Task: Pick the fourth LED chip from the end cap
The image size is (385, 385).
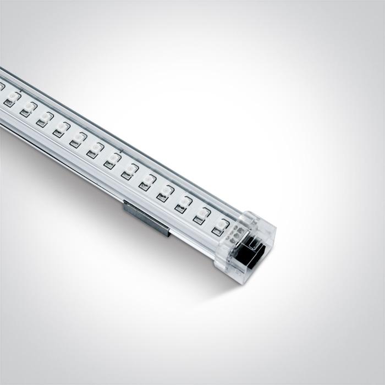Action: (x=164, y=192)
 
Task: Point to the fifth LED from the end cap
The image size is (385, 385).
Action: (x=147, y=181)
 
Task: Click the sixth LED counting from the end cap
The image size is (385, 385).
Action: (x=129, y=170)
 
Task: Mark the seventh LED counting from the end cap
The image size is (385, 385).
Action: (x=112, y=159)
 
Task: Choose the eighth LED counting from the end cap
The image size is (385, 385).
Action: (x=95, y=148)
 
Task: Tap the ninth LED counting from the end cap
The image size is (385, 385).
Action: (x=78, y=138)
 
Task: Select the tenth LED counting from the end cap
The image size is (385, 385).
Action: (x=61, y=128)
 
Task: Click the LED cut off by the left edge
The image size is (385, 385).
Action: (x=1, y=87)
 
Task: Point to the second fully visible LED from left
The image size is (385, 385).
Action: (x=28, y=108)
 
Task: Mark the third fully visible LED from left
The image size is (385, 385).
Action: (x=44, y=118)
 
